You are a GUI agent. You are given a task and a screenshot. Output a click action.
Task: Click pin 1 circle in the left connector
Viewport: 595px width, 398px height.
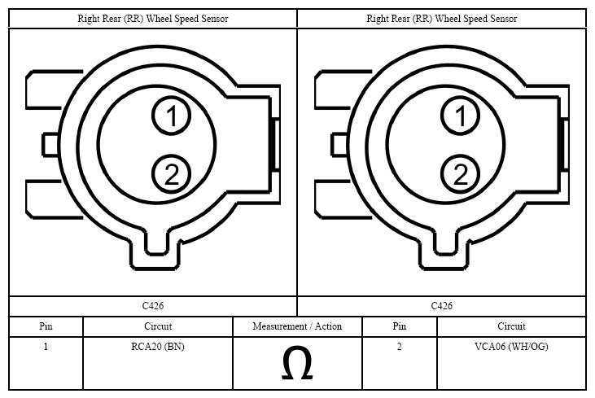171,116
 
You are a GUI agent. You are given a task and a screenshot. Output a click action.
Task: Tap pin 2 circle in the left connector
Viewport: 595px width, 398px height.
171,174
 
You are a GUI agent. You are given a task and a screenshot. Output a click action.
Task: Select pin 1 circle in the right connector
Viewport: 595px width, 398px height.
460,116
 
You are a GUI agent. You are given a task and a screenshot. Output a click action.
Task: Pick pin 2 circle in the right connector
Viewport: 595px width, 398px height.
460,174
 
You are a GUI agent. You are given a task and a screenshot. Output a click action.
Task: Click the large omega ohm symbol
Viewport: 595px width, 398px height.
297,363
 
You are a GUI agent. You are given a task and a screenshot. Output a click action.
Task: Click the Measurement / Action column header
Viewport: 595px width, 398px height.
297,326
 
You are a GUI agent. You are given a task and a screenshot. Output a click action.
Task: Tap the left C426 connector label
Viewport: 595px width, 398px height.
153,306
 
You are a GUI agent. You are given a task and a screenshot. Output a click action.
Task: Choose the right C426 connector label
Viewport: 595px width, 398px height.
442,306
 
